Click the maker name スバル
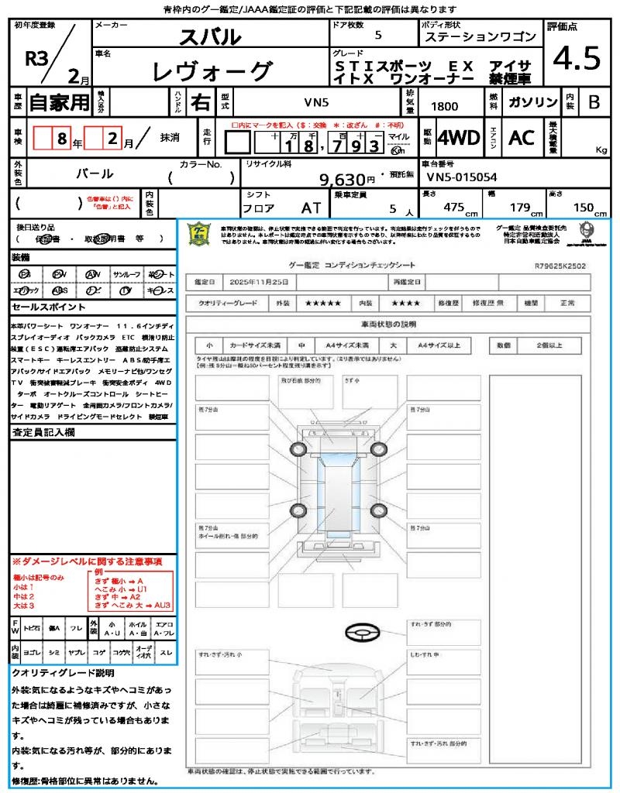[210, 36]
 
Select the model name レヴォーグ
[213, 72]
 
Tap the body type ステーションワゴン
[480, 36]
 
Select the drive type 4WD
[459, 138]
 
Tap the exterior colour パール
[93, 174]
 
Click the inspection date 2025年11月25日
[263, 281]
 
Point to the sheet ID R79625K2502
[560, 266]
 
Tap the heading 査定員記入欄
[43, 433]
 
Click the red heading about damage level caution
[87, 561]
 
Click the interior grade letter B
[594, 102]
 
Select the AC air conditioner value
[522, 138]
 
